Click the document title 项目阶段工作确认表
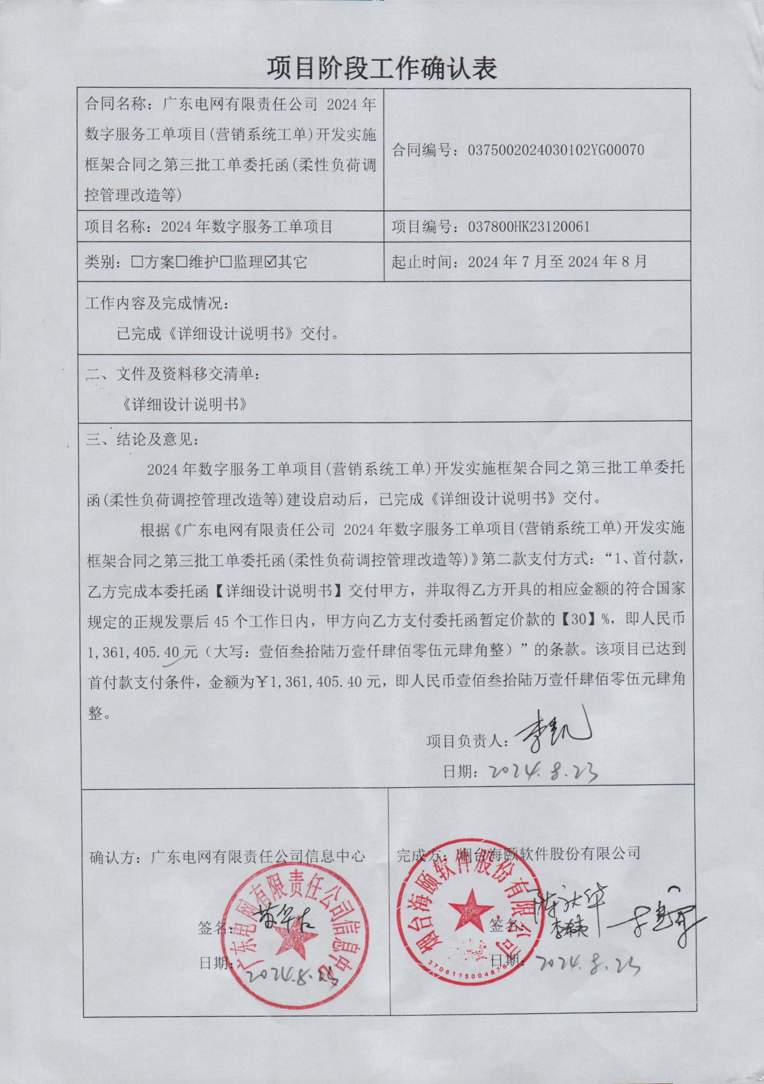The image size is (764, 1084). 382,69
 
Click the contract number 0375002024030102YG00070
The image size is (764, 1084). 556,150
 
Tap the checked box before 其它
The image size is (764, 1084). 271,261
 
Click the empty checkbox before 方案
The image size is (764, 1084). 137,261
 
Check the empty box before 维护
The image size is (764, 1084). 182,261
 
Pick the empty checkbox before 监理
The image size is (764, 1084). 226,261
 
